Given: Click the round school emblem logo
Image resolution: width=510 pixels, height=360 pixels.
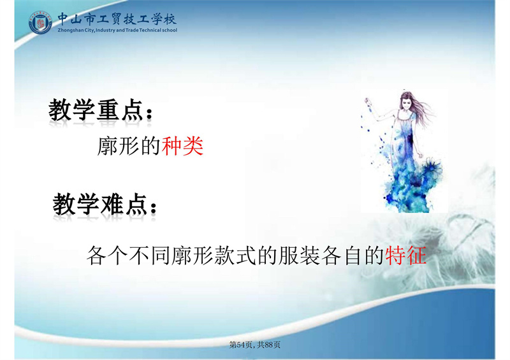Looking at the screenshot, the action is point(40,22).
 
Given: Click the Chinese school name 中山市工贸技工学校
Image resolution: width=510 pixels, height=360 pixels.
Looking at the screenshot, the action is point(117,19).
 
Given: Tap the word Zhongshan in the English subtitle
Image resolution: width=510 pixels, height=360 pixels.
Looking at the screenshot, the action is point(69,30).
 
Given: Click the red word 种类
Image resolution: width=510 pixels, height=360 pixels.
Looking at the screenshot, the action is point(182,147).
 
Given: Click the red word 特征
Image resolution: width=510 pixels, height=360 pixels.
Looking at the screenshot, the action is point(405,256).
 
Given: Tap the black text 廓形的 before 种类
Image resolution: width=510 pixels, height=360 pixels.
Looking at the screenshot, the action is point(129,147).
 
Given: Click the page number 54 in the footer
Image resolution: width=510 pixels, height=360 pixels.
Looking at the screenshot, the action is point(242,345).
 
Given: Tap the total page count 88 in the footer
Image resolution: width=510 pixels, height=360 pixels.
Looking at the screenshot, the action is point(268,345).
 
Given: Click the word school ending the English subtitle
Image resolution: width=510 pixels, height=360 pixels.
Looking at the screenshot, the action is point(170,30).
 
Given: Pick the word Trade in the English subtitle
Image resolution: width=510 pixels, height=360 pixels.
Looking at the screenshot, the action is point(132,30).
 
